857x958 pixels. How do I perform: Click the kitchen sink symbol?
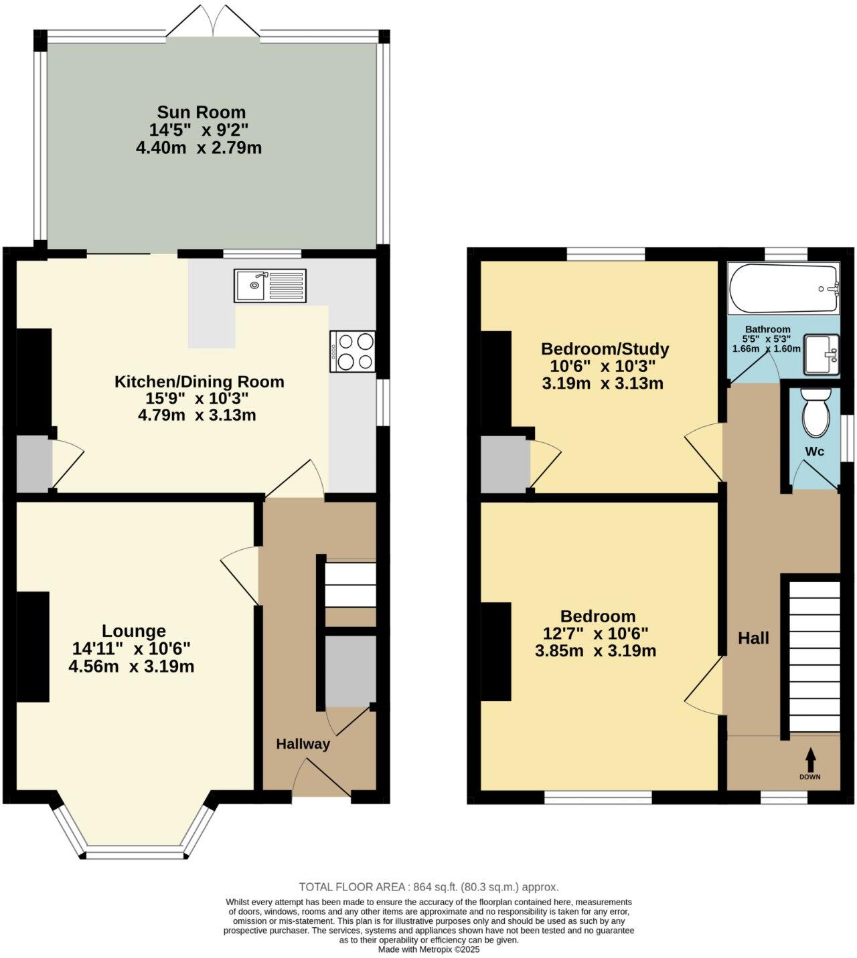point(270,285)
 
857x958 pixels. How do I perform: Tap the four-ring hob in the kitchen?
point(352,351)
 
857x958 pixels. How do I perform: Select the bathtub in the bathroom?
point(783,289)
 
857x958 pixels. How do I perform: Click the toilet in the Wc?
point(815,413)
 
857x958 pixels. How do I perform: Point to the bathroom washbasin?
point(821,355)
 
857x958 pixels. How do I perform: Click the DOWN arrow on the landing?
point(810,759)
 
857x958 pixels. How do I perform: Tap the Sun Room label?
point(201,112)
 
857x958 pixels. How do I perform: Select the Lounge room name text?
point(133,631)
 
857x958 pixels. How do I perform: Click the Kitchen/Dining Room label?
point(199,382)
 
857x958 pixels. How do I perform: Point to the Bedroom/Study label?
point(605,349)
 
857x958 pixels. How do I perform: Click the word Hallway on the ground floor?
point(303,744)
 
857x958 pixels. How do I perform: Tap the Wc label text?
point(814,452)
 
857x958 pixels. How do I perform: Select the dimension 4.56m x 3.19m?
point(131,666)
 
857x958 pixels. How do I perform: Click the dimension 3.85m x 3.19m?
point(595,651)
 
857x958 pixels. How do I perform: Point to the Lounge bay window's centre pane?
point(135,854)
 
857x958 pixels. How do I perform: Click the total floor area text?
point(428,887)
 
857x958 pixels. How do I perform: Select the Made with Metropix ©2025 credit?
point(428,949)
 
